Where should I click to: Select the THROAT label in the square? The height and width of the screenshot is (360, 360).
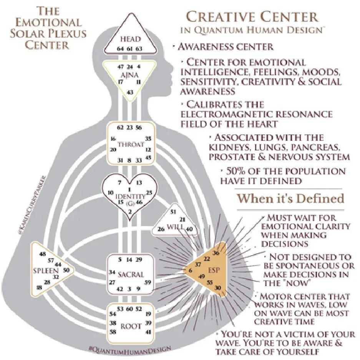[131, 144]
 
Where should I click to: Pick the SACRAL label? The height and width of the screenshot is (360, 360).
[131, 274]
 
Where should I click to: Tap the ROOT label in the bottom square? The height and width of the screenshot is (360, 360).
[131, 327]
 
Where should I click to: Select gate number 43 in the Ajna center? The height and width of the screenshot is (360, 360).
[130, 92]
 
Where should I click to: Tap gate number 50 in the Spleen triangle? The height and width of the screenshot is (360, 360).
[65, 270]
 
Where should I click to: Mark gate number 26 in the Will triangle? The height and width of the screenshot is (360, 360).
[161, 229]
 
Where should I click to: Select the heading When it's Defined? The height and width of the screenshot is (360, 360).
[290, 198]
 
